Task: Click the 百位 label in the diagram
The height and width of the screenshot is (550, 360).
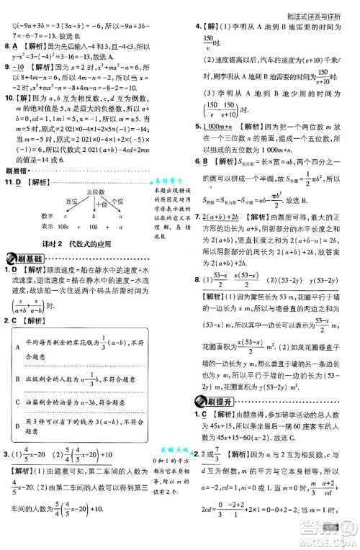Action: (x=71, y=202)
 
